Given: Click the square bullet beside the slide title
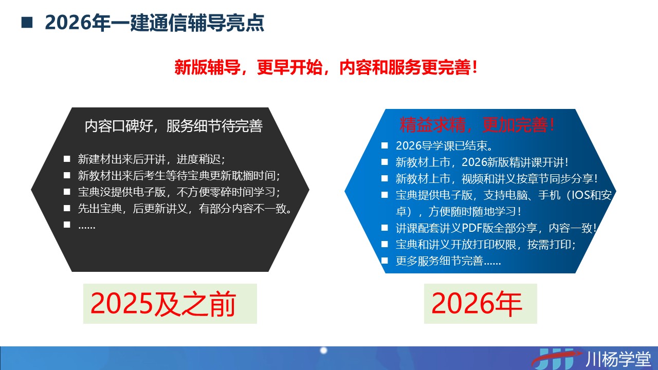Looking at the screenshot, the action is pos(27,23).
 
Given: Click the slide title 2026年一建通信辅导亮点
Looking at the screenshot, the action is pos(155,23).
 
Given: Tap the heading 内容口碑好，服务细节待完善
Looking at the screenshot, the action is pos(174,126).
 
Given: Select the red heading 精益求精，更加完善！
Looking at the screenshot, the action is pos(477,125).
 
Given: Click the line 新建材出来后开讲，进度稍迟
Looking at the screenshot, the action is pos(152,159).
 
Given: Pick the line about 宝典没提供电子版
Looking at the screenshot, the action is pos(179,192).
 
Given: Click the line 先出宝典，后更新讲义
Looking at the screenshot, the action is pos(185,209).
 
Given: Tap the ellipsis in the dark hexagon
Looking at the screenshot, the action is pos(87,227).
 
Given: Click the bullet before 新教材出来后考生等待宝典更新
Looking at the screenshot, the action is pos(67,176).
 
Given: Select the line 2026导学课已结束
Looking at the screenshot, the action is pos(445,145).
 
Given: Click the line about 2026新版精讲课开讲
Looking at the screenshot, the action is pos(482,162).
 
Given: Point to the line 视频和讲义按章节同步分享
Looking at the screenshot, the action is pos(497,178).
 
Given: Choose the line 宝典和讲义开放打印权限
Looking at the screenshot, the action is pos(486,244).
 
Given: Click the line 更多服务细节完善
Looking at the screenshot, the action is pos(448,261).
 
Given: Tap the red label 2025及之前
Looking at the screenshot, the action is pos(163,304).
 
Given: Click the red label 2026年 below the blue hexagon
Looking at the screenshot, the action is pos(477,304).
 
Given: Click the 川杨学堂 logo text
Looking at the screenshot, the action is pos(618,359).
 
